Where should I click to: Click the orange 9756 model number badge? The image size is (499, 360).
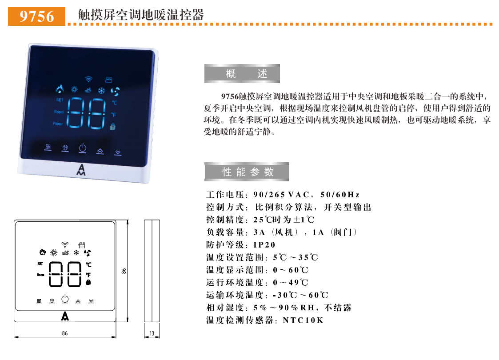[x=37, y=16]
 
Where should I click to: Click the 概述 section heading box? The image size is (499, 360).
[x=242, y=74]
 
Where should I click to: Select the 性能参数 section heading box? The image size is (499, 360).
[x=247, y=172]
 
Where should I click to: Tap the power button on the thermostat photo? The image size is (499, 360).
[x=82, y=148]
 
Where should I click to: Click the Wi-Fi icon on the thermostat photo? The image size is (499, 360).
[x=88, y=80]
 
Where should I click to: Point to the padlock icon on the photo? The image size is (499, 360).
[x=113, y=127]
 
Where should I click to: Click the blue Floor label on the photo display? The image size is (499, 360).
[x=58, y=124]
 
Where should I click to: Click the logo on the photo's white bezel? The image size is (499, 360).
[x=81, y=170]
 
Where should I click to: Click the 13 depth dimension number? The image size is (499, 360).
[x=152, y=333]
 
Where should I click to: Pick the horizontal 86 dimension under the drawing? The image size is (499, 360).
[x=65, y=333]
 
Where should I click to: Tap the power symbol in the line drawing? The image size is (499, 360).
[x=65, y=299]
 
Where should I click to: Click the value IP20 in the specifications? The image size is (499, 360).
[x=264, y=245]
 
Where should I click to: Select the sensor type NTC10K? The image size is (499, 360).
[x=303, y=320]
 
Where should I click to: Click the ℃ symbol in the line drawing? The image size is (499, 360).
[x=88, y=264]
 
